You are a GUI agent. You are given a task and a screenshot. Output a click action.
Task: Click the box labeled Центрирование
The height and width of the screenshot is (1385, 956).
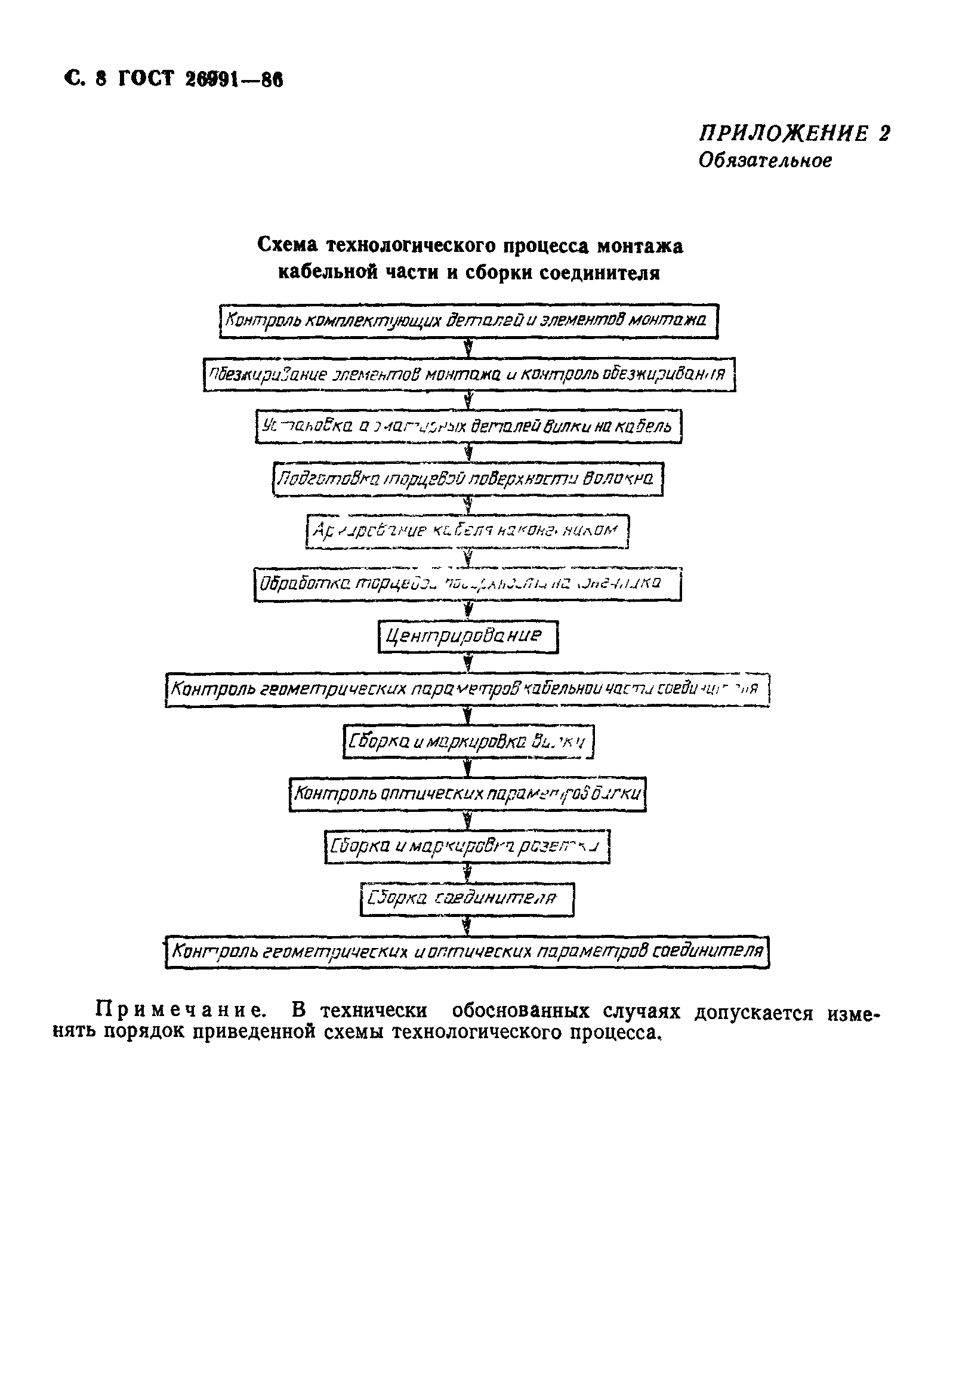tap(468, 636)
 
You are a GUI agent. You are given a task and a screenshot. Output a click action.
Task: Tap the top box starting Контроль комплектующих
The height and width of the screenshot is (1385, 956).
tap(468, 321)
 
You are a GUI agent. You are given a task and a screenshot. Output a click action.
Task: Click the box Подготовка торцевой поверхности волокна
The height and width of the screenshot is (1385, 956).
tap(468, 479)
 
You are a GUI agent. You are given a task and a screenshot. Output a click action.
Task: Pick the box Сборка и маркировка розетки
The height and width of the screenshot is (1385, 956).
tap(467, 846)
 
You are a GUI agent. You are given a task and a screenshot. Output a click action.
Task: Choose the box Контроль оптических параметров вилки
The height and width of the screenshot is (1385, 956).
tap(467, 794)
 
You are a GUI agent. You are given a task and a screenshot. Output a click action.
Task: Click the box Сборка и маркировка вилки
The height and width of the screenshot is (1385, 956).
tap(468, 741)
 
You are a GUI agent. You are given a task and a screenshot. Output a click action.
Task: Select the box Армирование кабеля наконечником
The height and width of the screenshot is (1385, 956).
tap(467, 531)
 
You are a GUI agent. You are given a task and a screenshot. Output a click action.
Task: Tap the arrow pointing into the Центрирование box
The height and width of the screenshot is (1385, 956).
tap(469, 611)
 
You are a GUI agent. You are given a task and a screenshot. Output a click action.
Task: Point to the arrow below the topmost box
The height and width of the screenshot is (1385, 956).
tap(469, 348)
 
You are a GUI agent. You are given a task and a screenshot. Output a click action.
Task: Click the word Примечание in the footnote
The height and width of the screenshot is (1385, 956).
tap(180, 1011)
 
